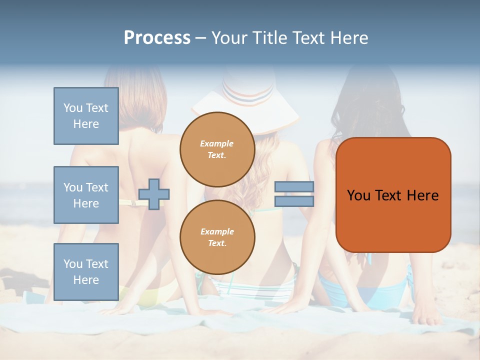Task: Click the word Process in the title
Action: tap(157, 38)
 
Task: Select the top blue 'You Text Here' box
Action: tap(86, 116)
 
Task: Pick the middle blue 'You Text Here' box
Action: tap(86, 195)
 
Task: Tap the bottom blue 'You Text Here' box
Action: tap(86, 271)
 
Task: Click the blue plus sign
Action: tap(154, 193)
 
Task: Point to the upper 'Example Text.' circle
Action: tap(217, 149)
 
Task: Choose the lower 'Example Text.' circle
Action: tap(217, 237)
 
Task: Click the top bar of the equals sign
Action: tap(294, 187)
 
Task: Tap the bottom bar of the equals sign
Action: tap(294, 201)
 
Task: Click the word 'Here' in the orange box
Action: tap(422, 195)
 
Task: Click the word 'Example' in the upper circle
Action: tap(217, 143)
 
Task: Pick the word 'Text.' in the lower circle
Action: tap(217, 243)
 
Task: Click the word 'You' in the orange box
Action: tap(359, 195)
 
